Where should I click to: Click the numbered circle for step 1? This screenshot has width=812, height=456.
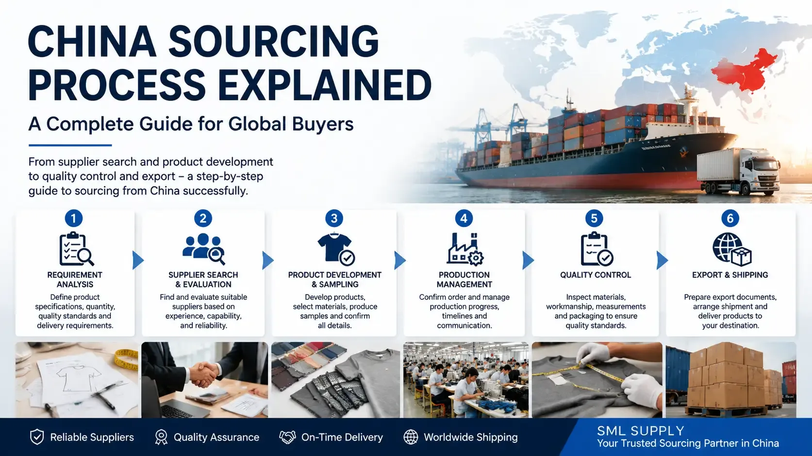click(74, 218)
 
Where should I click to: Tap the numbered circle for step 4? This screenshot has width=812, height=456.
click(464, 218)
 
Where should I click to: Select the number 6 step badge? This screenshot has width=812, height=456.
click(730, 218)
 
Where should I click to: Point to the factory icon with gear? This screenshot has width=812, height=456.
click(464, 249)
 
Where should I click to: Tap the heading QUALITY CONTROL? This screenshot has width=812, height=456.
click(596, 275)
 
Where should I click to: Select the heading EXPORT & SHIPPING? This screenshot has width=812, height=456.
click(730, 275)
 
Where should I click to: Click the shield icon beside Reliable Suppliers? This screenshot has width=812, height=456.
click(37, 437)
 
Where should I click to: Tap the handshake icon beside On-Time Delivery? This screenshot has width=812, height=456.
click(287, 437)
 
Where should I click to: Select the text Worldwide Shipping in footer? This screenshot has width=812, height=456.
click(470, 437)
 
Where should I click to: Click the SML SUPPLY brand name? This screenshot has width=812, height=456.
click(641, 431)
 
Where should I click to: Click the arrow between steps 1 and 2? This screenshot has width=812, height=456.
click(138, 260)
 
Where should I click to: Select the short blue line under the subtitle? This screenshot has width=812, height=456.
click(70, 145)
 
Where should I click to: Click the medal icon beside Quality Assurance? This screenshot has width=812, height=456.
click(161, 437)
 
